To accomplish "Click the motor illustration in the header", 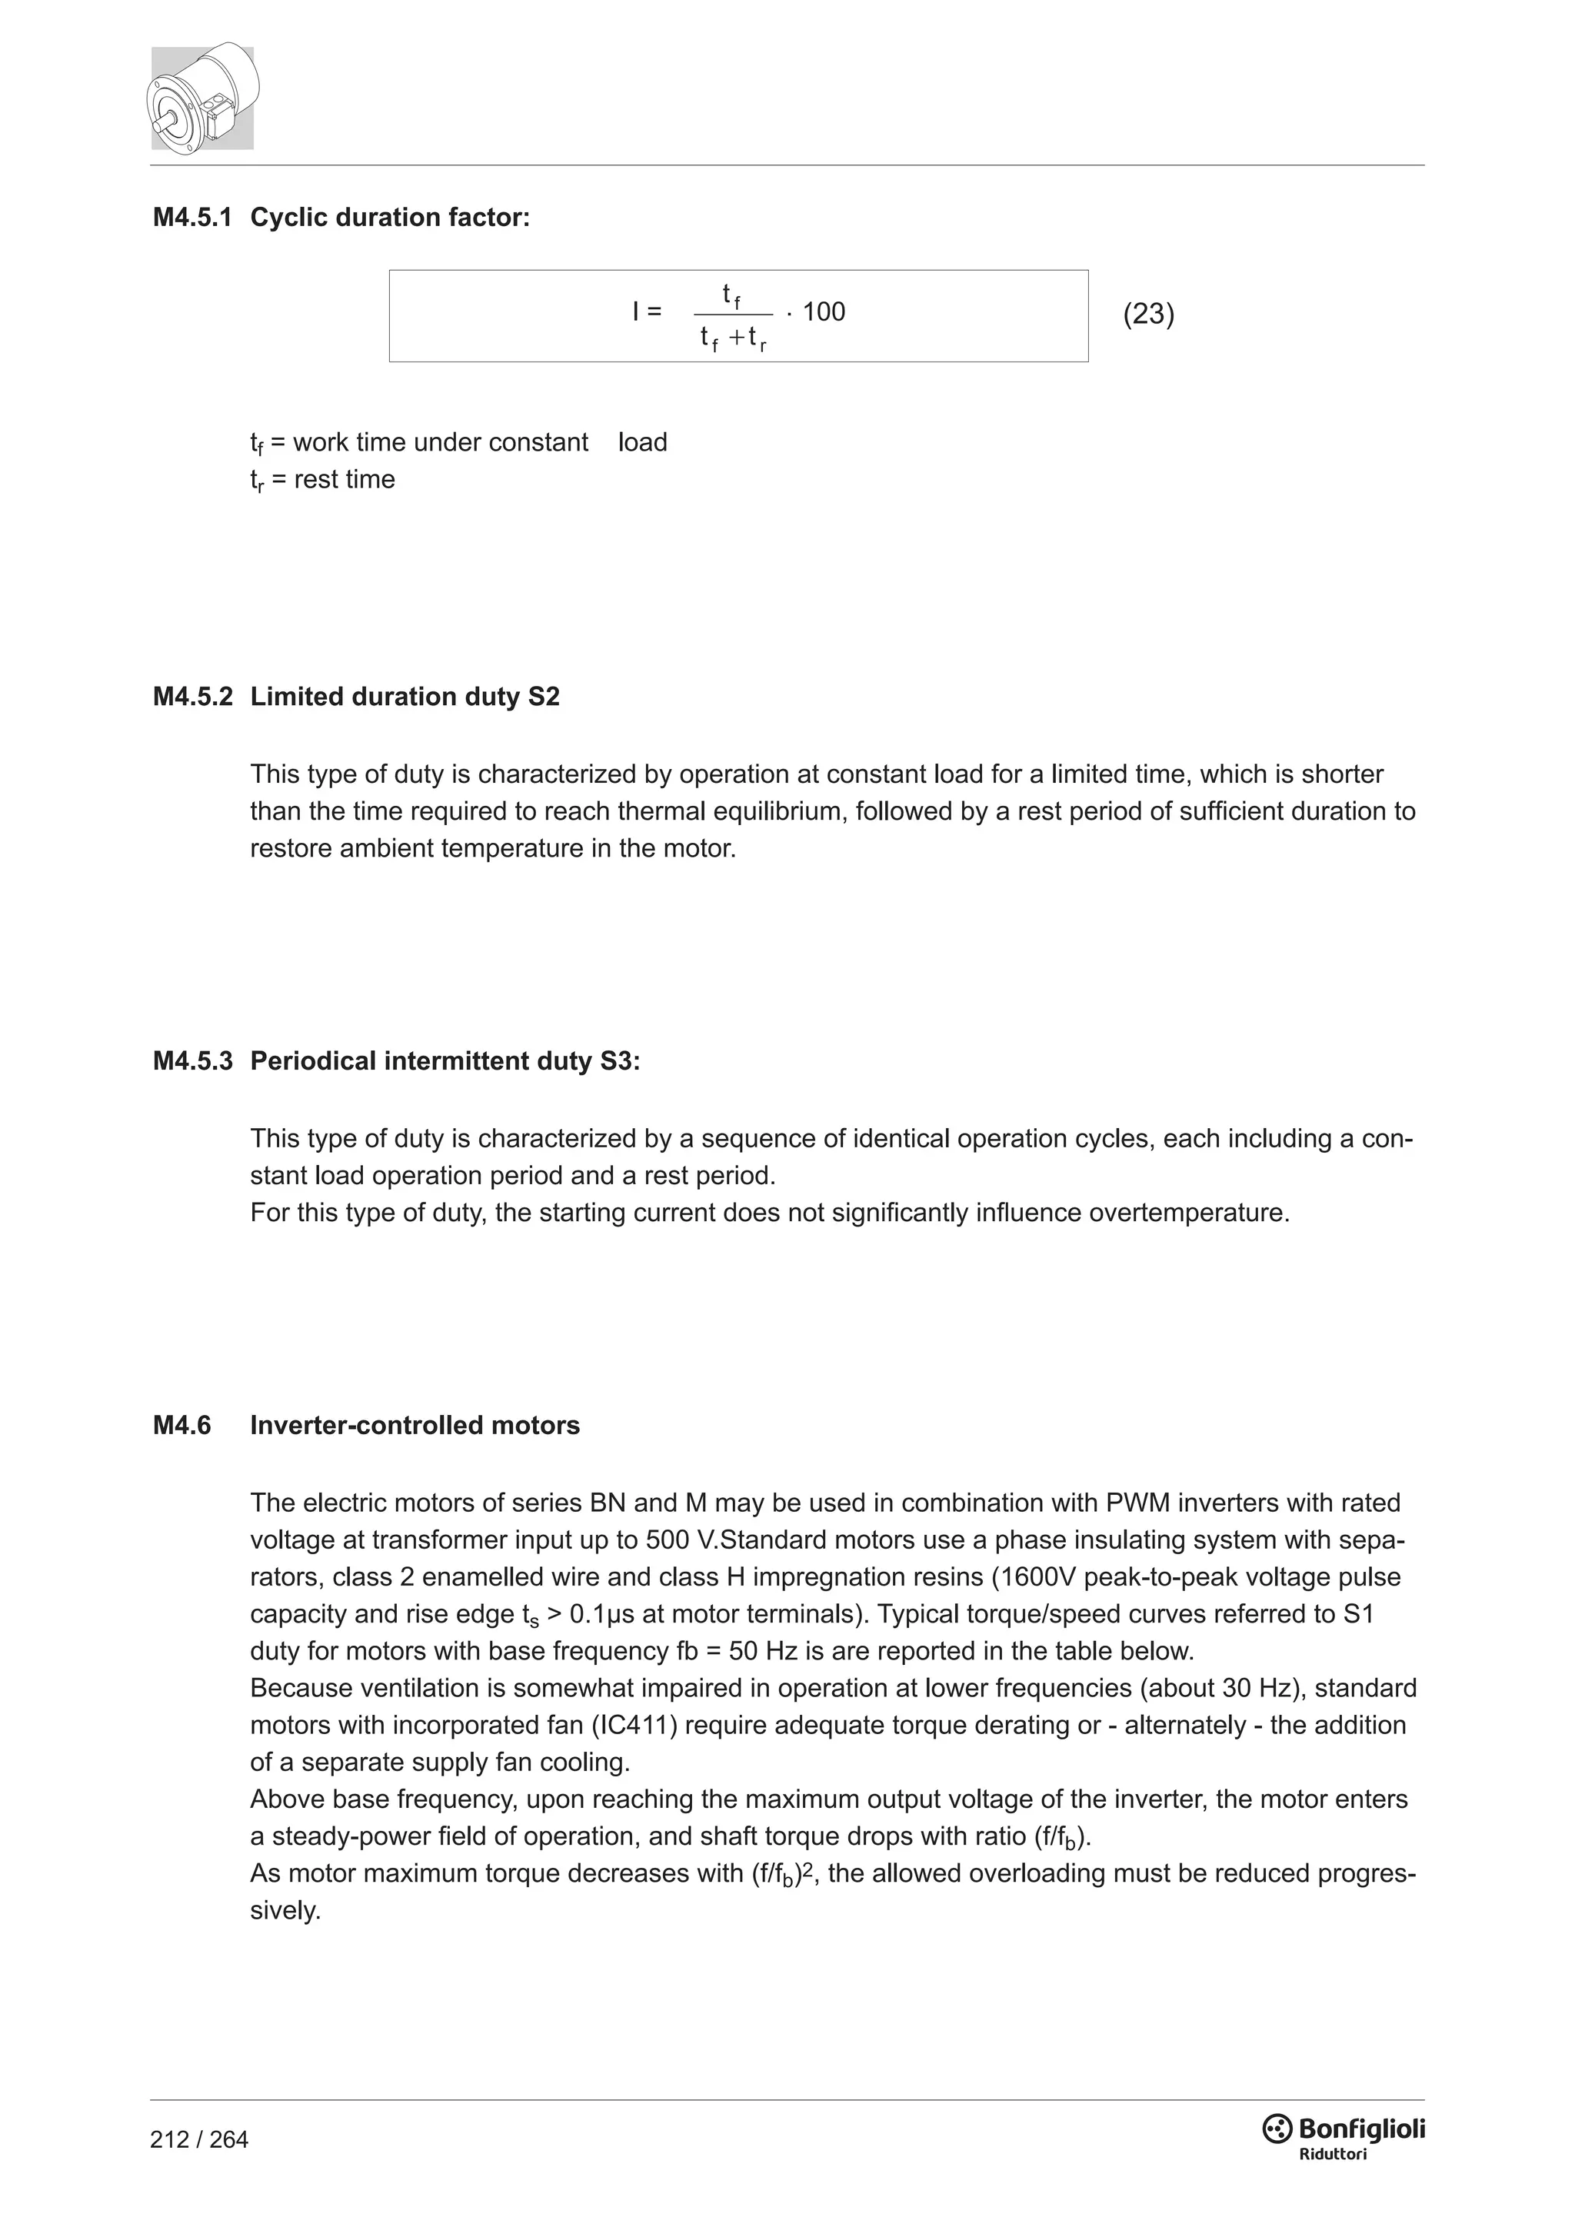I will click(x=203, y=97).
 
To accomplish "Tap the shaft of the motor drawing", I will click(x=166, y=124).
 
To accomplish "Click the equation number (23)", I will click(x=1148, y=315).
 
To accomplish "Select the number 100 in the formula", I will click(x=824, y=312).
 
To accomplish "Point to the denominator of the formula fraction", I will click(x=733, y=338).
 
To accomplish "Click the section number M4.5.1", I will click(x=192, y=218).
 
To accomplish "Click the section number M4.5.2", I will click(x=192, y=697).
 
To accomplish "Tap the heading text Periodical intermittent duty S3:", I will click(x=445, y=1061).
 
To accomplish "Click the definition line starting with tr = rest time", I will click(x=322, y=480).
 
